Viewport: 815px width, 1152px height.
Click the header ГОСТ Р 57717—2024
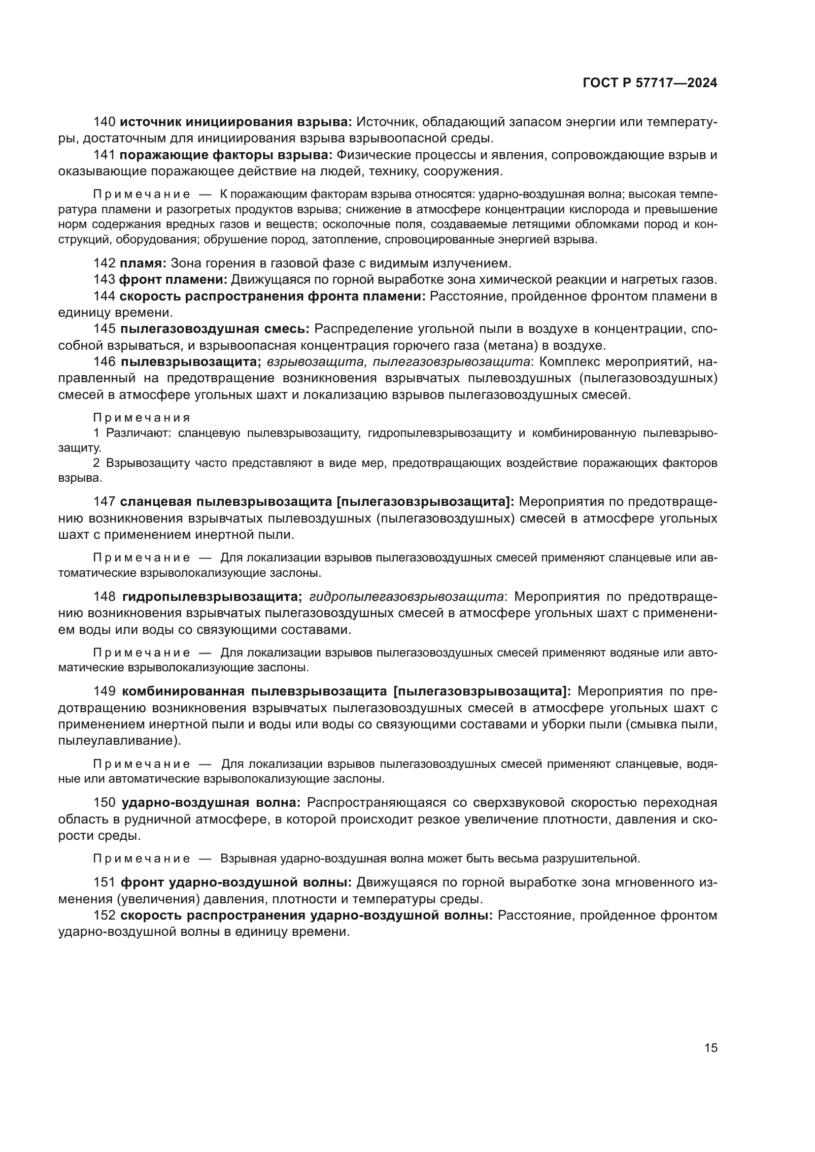(x=650, y=83)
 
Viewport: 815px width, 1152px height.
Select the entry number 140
(x=104, y=122)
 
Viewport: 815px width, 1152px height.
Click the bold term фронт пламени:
(x=173, y=279)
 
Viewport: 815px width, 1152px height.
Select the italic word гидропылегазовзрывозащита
(x=407, y=596)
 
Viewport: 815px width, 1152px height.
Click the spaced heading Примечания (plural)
(x=142, y=418)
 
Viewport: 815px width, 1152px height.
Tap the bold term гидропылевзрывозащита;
(x=212, y=596)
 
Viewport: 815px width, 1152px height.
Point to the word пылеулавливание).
(x=120, y=741)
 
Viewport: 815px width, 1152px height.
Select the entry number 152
(x=104, y=915)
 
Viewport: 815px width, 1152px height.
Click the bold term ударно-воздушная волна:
(x=211, y=802)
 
